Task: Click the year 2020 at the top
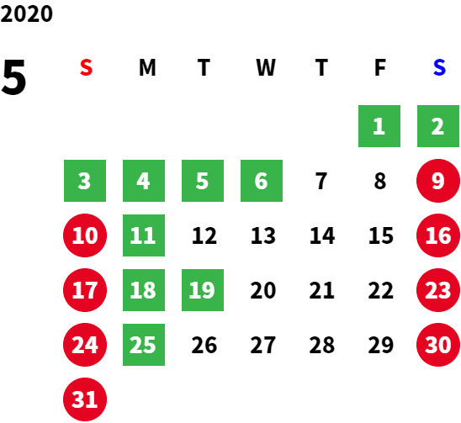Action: click(26, 13)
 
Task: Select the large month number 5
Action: click(13, 77)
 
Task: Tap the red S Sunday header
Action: click(86, 67)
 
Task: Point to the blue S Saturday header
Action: click(439, 67)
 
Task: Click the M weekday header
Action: click(147, 67)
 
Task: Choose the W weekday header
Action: click(266, 67)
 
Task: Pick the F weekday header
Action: click(380, 67)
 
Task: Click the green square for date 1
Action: click(379, 126)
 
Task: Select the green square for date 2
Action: click(438, 126)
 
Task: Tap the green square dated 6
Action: click(262, 181)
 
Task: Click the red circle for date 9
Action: click(438, 181)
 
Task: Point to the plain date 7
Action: click(321, 181)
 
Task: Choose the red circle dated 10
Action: click(85, 235)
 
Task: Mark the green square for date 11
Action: click(144, 235)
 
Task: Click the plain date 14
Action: click(322, 235)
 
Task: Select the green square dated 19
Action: click(203, 290)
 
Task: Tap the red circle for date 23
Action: click(438, 290)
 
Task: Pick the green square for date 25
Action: click(144, 345)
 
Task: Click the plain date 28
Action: click(322, 345)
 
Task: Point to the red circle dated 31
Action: click(85, 399)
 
